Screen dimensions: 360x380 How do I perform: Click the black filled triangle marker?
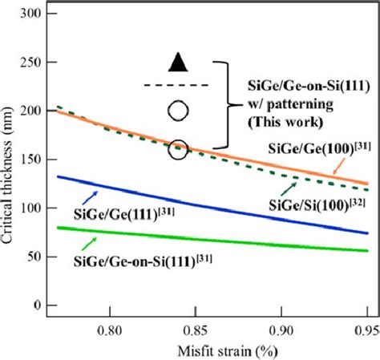[x=179, y=61]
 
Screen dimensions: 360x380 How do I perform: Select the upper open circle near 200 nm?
[x=179, y=109]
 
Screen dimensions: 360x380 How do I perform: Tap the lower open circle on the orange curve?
[x=179, y=148]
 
